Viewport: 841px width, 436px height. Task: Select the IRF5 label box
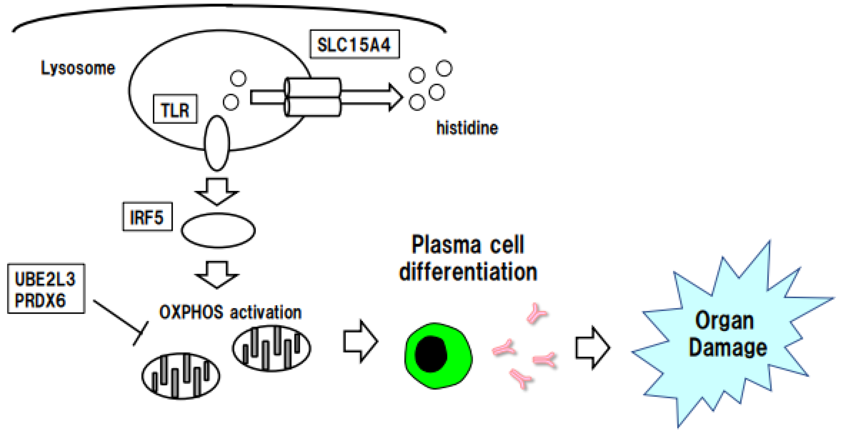(147, 217)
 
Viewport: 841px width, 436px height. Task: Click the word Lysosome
(78, 68)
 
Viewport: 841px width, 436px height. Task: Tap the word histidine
(467, 128)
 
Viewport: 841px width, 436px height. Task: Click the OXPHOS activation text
(230, 312)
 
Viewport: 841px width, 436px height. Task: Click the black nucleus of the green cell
(431, 354)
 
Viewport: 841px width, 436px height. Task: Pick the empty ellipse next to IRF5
(218, 230)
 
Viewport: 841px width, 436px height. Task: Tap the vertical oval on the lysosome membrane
(217, 143)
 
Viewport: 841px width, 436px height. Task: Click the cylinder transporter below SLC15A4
(313, 97)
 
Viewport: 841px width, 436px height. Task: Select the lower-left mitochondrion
(181, 376)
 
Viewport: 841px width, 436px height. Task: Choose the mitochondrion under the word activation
(272, 348)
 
